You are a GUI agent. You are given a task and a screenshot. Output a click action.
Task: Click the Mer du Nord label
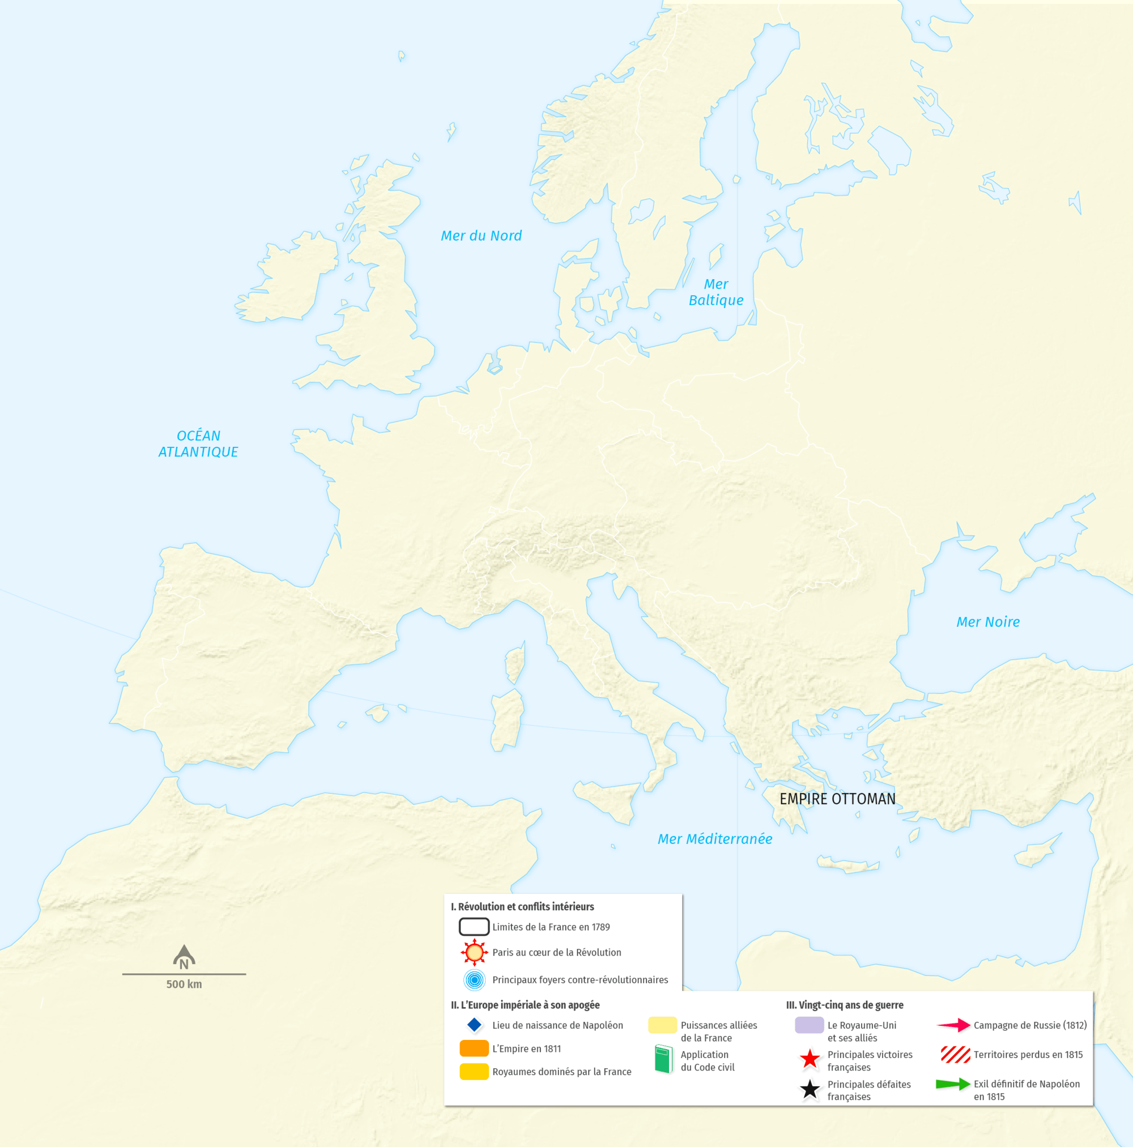[x=481, y=236]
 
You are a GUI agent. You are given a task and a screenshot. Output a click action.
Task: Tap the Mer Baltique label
[x=715, y=292]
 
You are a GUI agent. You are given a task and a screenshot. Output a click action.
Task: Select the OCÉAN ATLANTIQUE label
[x=198, y=444]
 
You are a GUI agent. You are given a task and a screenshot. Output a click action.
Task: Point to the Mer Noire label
[x=987, y=621]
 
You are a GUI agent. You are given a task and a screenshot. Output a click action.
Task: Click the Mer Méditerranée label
[x=714, y=839]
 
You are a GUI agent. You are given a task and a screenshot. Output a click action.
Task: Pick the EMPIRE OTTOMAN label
[x=837, y=799]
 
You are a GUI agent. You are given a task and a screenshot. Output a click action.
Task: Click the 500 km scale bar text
[x=184, y=984]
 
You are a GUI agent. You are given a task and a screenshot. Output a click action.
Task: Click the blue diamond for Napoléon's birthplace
[x=474, y=1025]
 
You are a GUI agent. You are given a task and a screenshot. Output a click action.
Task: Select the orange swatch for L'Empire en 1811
[x=474, y=1048]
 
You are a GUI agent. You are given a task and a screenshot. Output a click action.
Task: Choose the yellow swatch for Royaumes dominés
[x=474, y=1071]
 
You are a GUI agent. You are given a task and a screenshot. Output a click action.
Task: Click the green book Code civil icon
[x=663, y=1059]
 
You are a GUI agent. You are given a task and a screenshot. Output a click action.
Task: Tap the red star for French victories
[x=810, y=1059]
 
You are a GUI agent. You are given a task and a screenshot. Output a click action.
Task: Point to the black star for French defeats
[x=810, y=1089]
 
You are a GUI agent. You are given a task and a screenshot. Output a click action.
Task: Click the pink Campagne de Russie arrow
[x=953, y=1025]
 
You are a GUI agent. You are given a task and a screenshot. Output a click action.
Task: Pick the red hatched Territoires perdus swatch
[x=955, y=1054]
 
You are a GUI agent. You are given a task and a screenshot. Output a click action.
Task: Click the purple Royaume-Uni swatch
[x=809, y=1025]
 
